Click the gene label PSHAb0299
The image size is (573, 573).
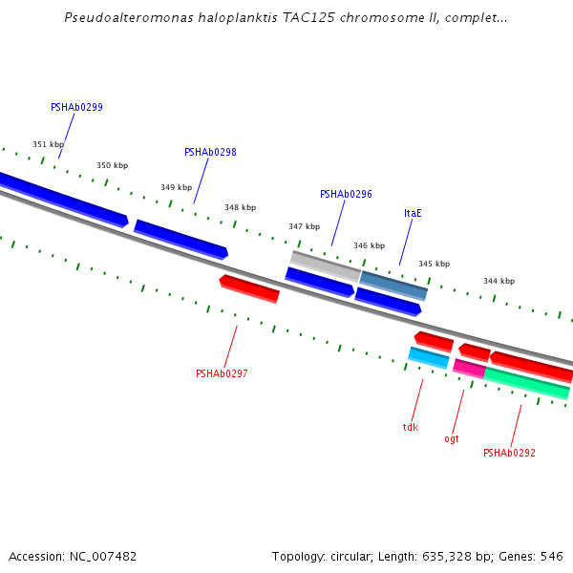tap(76, 108)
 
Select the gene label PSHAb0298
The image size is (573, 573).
tap(210, 153)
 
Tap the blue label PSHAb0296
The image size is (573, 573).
tap(346, 195)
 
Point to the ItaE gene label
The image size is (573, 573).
tap(413, 214)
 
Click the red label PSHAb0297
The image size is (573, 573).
tap(222, 374)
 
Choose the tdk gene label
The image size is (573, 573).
tap(411, 428)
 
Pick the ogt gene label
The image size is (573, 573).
tap(452, 439)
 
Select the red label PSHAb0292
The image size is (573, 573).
tap(509, 454)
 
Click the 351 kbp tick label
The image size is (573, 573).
tap(48, 145)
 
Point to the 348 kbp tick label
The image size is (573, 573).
tap(240, 207)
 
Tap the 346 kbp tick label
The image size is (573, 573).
tap(369, 246)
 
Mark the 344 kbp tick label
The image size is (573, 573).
tap(499, 282)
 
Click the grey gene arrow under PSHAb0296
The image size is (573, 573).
tap(326, 265)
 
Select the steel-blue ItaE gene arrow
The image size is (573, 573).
tap(393, 286)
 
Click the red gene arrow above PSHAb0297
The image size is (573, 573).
tap(249, 288)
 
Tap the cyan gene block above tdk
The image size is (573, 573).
tap(428, 358)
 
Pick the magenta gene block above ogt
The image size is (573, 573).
tap(468, 369)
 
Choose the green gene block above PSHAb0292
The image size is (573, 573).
tap(526, 383)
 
